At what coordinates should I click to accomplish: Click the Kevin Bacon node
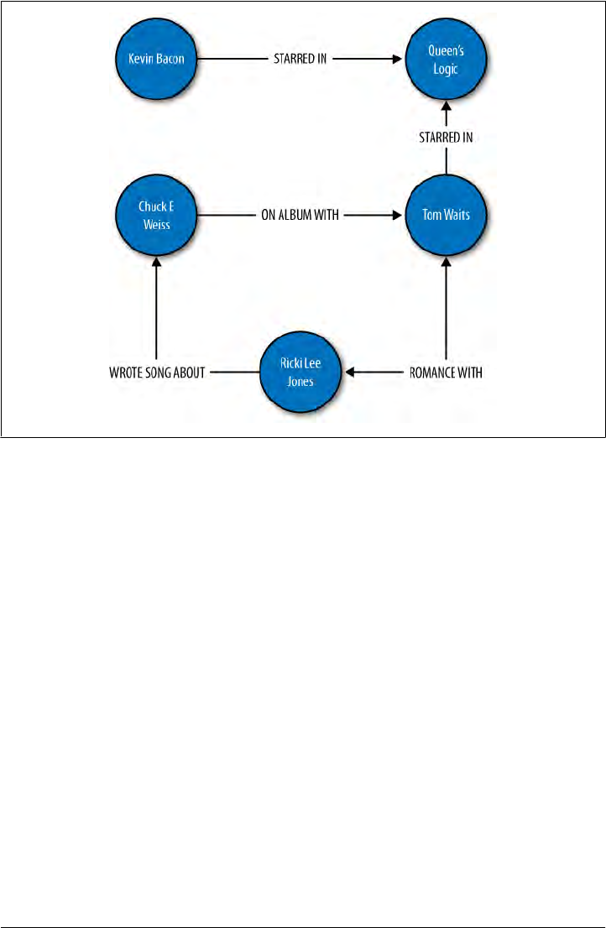coord(155,60)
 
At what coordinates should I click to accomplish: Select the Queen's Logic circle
coord(445,60)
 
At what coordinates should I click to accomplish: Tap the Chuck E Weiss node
coord(155,215)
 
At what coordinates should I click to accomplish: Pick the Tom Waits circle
coord(445,215)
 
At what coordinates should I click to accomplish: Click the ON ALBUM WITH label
coord(300,216)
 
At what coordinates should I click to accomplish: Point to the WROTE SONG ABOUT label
coord(157,373)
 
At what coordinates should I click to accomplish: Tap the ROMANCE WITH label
coord(445,373)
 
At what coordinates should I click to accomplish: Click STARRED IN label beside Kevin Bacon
coord(300,60)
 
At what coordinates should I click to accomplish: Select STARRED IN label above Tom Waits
coord(446,138)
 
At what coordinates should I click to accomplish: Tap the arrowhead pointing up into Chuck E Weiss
coord(156,261)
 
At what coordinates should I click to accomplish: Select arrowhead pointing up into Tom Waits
coord(446,261)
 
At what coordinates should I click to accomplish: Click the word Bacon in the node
coord(171,60)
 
